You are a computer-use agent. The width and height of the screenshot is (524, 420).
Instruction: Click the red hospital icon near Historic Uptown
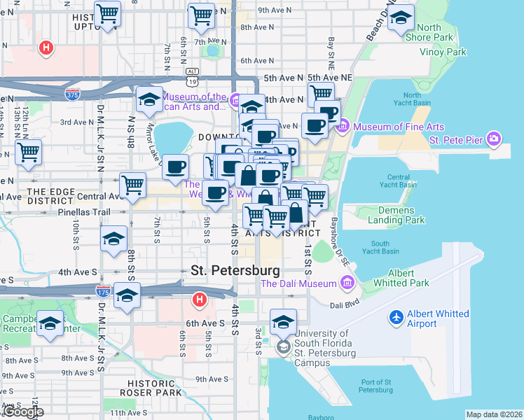pos(46,48)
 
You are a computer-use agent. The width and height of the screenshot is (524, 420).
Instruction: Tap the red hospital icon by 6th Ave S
pos(200,300)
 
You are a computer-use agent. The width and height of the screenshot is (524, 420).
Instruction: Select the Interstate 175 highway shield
pos(102,290)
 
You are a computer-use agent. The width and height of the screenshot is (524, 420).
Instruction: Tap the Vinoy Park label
pos(442,52)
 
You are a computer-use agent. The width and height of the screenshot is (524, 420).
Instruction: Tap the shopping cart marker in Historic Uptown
pos(108,14)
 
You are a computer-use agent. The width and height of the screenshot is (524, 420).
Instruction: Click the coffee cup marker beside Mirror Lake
pos(175,168)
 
